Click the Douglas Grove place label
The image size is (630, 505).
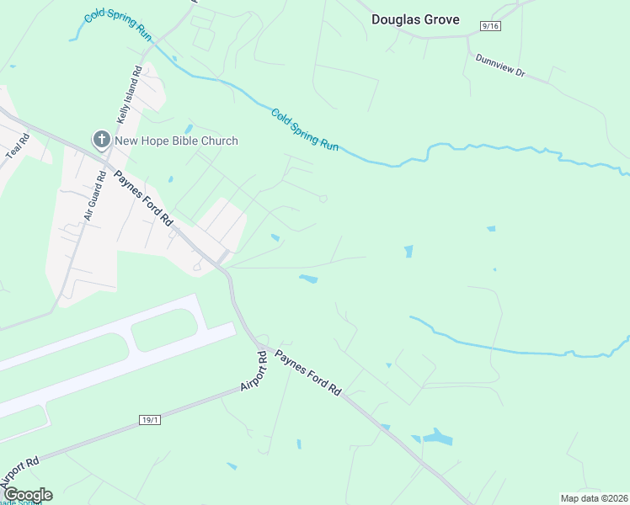click(x=416, y=19)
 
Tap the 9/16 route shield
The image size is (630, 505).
click(x=490, y=27)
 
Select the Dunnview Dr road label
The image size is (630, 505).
click(x=500, y=66)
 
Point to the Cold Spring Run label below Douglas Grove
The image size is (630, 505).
click(x=305, y=129)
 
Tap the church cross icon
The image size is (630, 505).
click(x=101, y=140)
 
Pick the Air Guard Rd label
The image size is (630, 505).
click(x=94, y=195)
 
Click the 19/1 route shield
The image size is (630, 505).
click(x=148, y=419)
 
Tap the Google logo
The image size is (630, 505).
click(x=27, y=495)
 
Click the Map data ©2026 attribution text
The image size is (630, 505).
click(x=594, y=498)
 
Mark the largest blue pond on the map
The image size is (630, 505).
click(x=437, y=437)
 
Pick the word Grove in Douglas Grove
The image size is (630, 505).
click(x=441, y=19)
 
